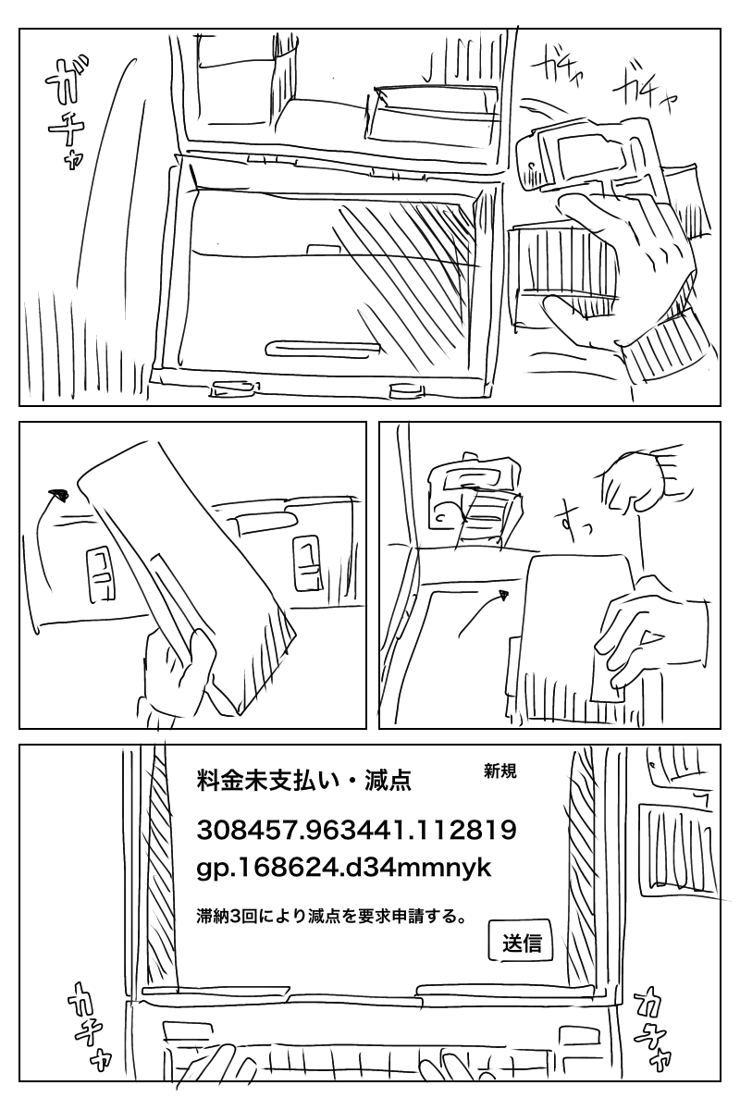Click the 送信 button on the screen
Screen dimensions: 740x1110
521,941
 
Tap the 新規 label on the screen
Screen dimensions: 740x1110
500,771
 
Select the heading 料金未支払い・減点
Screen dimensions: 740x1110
304,781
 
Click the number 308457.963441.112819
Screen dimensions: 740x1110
357,830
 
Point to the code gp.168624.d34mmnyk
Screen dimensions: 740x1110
344,868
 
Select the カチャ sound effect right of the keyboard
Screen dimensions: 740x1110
653,1025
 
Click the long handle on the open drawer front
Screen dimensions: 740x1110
323,348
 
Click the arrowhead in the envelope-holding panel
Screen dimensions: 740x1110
59,494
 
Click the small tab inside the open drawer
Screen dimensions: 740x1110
321,249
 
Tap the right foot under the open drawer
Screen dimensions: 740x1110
407,390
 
